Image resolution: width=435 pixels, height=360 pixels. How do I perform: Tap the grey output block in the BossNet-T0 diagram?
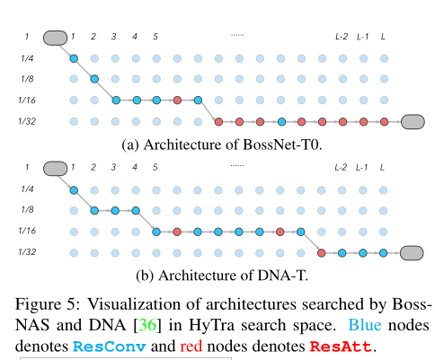(415, 121)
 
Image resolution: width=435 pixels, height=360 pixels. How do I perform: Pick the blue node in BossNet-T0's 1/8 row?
(94, 80)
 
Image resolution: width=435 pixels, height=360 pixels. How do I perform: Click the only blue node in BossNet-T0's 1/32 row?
(281, 121)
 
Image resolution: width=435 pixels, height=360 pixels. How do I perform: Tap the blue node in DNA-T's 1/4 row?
(74, 190)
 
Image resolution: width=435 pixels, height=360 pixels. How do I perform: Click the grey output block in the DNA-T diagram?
(415, 252)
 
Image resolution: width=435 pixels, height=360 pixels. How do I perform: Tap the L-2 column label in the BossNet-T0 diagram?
(341, 37)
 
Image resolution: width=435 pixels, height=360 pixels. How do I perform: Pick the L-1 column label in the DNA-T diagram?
(362, 167)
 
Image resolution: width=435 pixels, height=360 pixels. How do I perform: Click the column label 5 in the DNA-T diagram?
(156, 167)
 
